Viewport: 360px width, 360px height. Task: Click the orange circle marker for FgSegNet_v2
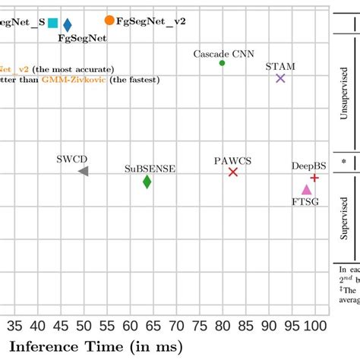tap(110, 20)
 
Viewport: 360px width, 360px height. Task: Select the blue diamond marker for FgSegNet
tap(68, 26)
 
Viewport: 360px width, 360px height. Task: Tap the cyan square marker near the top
tap(52, 23)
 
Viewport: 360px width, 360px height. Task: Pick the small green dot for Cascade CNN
tap(223, 63)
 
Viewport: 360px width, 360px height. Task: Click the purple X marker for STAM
tap(280, 78)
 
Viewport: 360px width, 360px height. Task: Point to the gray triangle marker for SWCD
tap(84, 172)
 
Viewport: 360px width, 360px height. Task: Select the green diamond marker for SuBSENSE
tap(147, 182)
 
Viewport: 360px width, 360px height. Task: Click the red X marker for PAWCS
tap(233, 172)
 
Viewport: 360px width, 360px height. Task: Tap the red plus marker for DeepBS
tap(314, 177)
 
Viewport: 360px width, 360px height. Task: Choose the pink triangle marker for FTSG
tap(306, 190)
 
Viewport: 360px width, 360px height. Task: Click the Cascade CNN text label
tap(224, 53)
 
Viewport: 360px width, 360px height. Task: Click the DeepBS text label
tap(308, 166)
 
